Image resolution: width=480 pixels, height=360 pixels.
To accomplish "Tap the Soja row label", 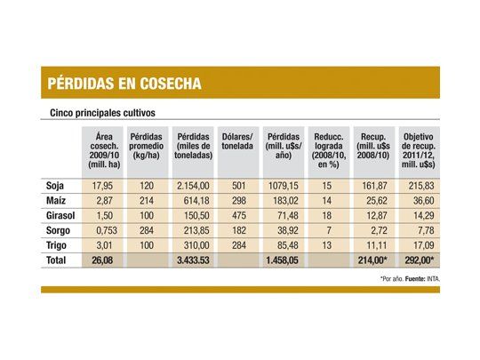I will [55, 186].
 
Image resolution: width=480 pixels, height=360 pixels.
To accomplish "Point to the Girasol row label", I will [61, 215].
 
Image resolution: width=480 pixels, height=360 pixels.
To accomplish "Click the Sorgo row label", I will [58, 229].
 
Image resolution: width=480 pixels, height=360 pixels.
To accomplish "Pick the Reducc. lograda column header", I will [329, 146].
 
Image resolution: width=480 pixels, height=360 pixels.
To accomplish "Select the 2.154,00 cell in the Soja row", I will [193, 186].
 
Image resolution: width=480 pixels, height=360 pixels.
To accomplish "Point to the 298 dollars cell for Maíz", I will [236, 201].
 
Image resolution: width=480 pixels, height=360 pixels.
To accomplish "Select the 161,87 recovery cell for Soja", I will [375, 186].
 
